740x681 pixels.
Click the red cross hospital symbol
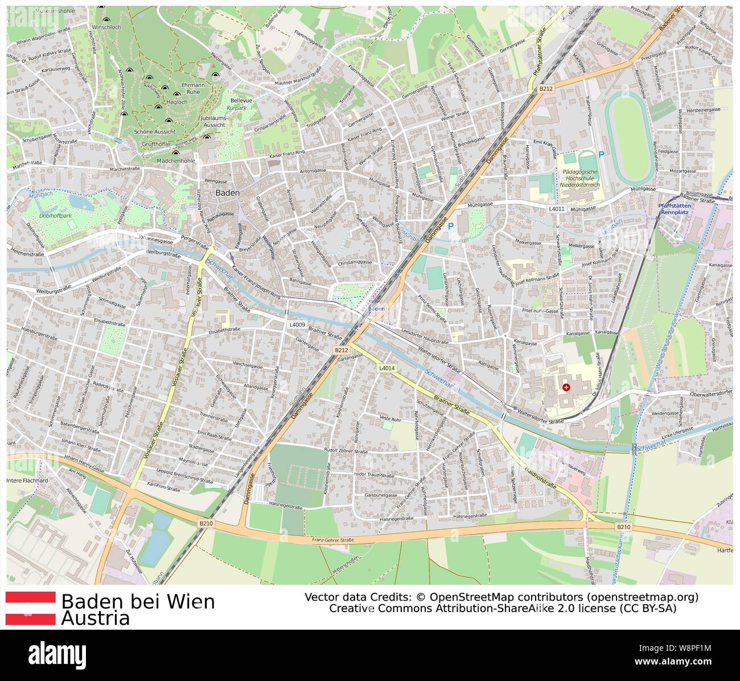click(566, 388)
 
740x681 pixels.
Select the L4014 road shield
click(387, 368)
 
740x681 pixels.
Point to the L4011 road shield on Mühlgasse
click(557, 209)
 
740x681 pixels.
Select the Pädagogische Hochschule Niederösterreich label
click(579, 178)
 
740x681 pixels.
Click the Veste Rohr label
click(390, 420)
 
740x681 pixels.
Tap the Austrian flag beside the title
click(31, 608)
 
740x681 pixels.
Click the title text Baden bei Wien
click(138, 601)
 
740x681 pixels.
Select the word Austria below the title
click(96, 618)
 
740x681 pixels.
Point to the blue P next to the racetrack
click(601, 154)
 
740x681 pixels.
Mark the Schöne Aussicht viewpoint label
click(147, 131)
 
